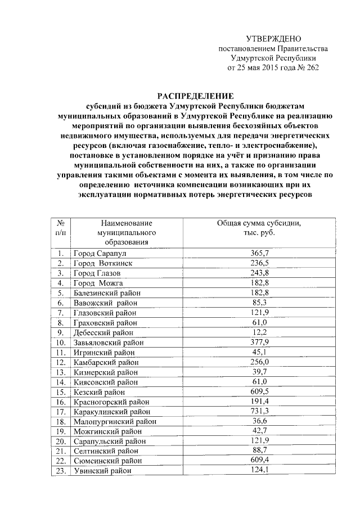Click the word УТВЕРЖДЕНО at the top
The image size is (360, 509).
pos(274,38)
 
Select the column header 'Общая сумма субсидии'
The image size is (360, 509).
pos(259,223)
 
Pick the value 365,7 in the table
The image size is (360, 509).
pos(259,254)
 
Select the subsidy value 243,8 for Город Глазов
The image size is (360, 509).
pos(259,273)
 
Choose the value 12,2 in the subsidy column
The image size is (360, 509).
pos(259,332)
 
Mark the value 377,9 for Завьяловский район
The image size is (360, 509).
pos(259,341)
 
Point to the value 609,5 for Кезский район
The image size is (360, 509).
pos(259,391)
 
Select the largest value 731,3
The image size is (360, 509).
pos(259,411)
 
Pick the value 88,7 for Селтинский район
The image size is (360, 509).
pos(259,451)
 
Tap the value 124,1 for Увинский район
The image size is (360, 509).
pos(259,470)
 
